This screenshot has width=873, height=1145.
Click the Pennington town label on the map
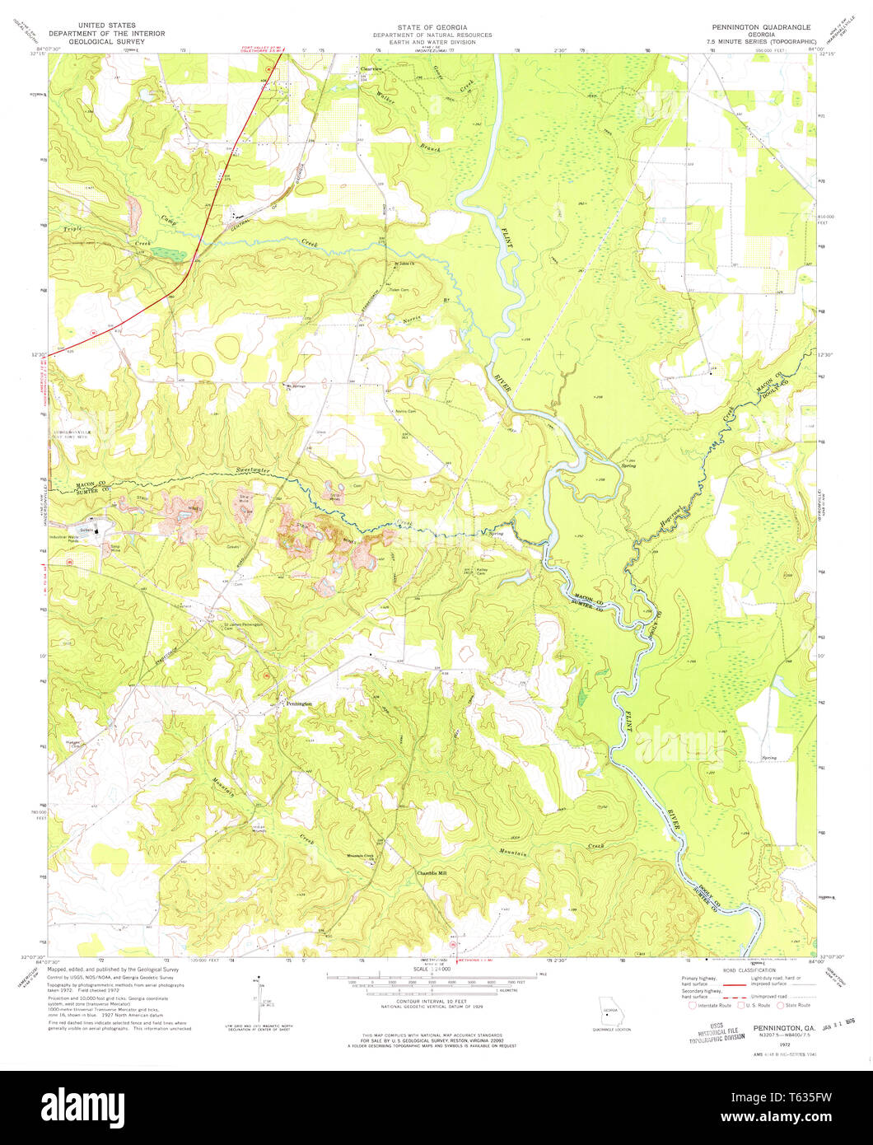click(x=298, y=703)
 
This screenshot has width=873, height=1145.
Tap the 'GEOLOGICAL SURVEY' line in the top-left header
click(x=106, y=41)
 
